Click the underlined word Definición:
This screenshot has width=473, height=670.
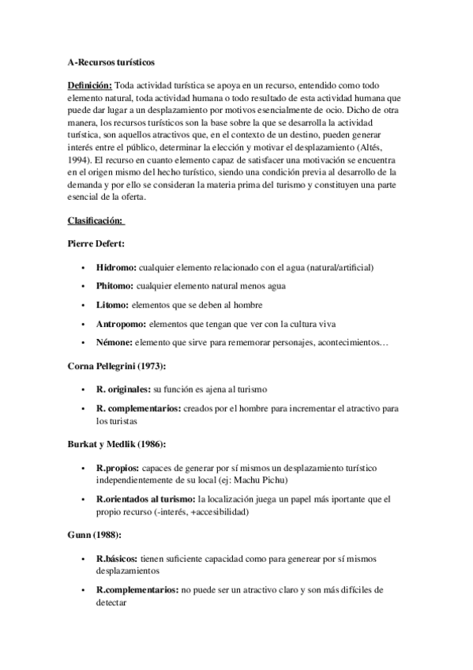(90, 86)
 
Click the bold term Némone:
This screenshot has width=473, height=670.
(114, 342)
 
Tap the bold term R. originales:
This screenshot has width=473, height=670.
(122, 390)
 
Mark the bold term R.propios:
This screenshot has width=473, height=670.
(117, 468)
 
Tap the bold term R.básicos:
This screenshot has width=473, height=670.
(117, 559)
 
